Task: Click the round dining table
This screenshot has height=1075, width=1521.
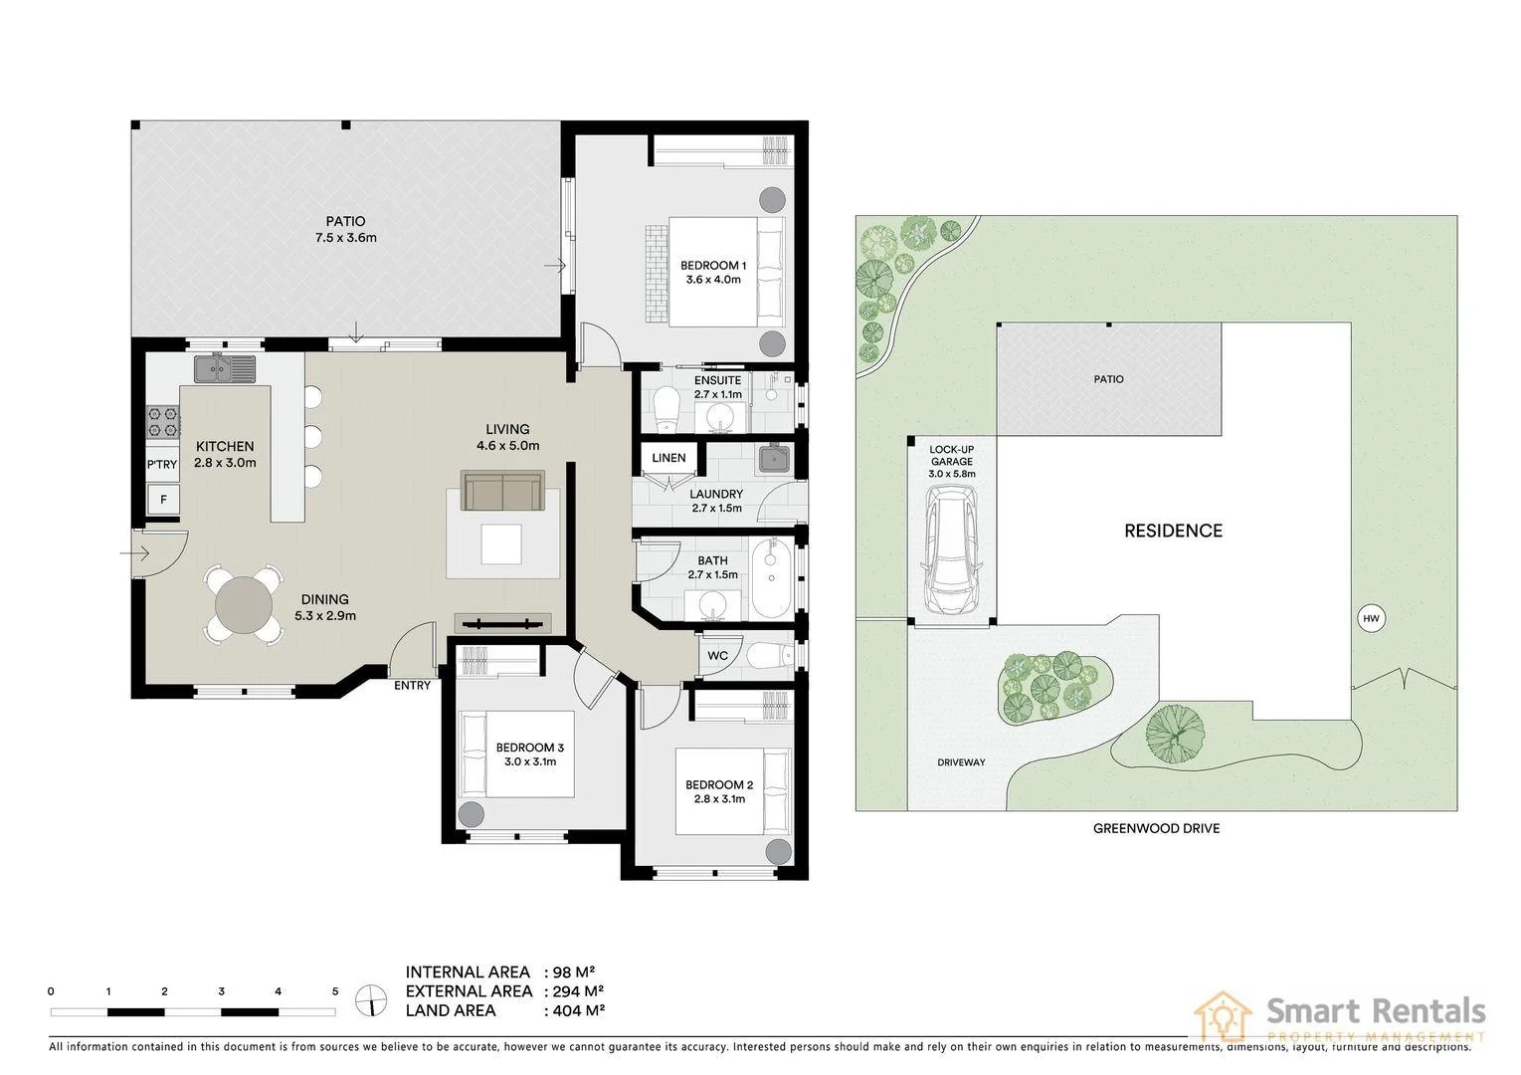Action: point(243,603)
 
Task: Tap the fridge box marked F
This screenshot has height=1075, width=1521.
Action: point(163,499)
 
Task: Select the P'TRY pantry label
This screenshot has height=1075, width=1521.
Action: point(162,465)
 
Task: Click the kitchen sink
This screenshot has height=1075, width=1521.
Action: point(225,369)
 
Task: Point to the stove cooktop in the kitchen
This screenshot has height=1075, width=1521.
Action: point(163,422)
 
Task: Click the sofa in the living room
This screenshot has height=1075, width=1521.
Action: point(502,492)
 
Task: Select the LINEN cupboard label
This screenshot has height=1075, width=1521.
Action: point(668,458)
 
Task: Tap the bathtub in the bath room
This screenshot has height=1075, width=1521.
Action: point(770,579)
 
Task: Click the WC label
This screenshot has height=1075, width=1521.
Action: point(717,656)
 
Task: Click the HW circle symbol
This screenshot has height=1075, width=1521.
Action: point(1371,618)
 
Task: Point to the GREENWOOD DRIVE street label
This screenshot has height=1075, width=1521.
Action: point(1156,828)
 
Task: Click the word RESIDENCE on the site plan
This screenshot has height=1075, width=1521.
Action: point(1173,531)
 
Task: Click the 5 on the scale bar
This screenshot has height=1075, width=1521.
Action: point(335,991)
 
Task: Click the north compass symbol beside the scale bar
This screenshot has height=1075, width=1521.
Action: point(371,999)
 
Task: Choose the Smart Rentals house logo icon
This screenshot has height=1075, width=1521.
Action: point(1223,1016)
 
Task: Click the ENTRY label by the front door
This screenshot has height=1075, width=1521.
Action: point(412,685)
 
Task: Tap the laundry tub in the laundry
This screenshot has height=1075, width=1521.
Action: point(773,459)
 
